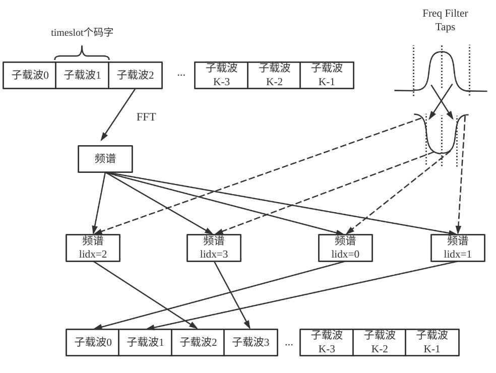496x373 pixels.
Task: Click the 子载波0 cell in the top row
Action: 30,75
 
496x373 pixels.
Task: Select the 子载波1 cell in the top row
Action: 82,75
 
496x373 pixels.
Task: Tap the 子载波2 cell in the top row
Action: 135,75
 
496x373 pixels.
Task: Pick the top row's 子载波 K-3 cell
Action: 221,75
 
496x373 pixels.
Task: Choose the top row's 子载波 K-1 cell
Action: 327,75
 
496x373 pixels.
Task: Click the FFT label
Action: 146,117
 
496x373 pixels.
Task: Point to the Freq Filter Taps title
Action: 445,20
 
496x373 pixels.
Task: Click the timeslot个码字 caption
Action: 82,33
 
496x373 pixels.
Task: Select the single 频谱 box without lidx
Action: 105,159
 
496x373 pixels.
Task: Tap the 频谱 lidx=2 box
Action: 93,247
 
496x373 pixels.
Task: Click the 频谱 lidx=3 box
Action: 214,247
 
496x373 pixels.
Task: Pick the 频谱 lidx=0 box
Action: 345,247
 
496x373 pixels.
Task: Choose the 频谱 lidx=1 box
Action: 458,247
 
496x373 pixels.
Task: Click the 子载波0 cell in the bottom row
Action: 93,342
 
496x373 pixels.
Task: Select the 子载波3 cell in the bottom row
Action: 251,342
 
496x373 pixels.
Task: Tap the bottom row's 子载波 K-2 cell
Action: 379,342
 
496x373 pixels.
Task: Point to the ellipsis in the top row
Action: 181,75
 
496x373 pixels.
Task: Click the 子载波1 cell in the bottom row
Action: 145,342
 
